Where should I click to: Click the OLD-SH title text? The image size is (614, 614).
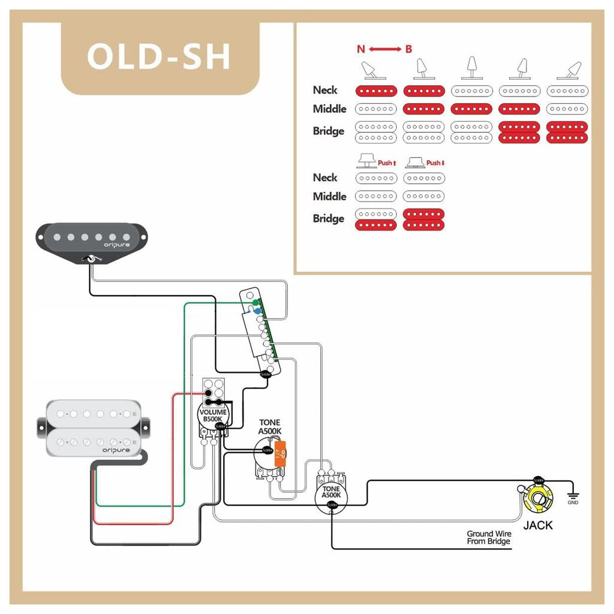tap(159, 57)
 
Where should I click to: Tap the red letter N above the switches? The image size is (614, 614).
tap(361, 49)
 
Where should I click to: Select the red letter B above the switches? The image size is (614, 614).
tap(408, 49)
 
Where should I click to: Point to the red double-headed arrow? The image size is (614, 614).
tap(384, 49)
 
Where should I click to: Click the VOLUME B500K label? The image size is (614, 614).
tap(213, 416)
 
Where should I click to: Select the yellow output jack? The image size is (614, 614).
tap(538, 499)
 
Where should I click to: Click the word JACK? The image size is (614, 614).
tap(538, 526)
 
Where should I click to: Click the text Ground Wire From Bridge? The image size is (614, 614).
tap(488, 537)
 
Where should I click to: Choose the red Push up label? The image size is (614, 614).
tap(386, 162)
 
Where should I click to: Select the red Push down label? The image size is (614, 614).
tap(435, 162)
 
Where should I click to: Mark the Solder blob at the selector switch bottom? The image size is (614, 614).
tap(265, 374)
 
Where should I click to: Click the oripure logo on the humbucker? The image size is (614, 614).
tap(116, 449)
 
